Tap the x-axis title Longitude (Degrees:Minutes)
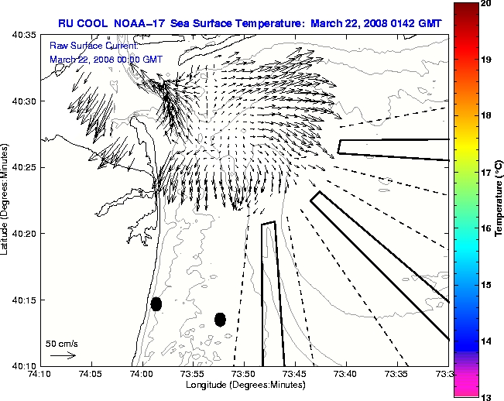244,385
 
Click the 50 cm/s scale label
62,343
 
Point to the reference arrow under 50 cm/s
63,355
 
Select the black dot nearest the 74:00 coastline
156,303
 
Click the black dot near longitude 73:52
220,319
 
